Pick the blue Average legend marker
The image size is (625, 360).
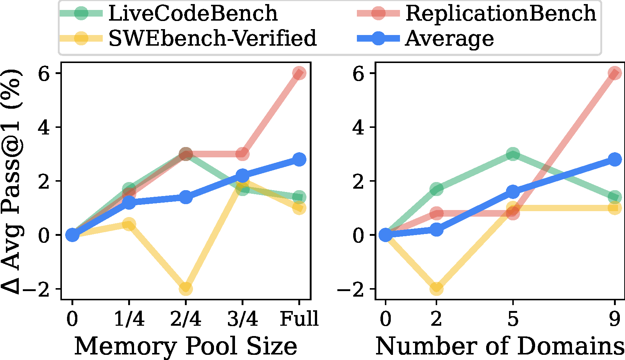378,38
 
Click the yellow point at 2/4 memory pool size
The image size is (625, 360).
186,289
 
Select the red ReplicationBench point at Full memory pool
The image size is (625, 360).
299,73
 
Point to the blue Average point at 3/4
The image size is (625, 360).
242,175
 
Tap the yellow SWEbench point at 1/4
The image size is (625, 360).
129,224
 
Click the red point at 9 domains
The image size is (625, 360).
614,73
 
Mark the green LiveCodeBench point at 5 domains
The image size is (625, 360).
513,154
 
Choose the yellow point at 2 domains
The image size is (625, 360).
436,289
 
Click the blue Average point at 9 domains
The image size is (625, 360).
614,159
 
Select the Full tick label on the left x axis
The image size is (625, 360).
299,319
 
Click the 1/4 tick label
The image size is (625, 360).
129,319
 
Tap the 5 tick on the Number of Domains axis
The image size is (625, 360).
513,319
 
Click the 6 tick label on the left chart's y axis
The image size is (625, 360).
44,74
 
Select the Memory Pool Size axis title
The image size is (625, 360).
186,346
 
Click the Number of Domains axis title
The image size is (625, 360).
499,346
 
